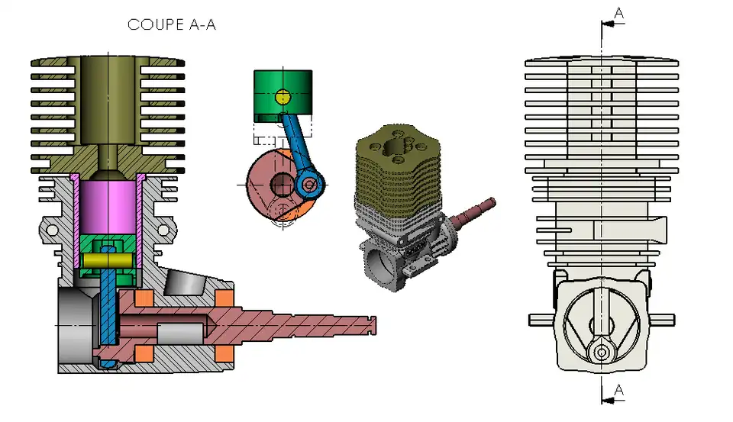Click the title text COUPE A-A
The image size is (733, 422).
pos(172,24)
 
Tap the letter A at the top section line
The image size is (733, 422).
pos(618,13)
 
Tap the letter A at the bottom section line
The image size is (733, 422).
pos(618,389)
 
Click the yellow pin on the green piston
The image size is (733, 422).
pos(283,97)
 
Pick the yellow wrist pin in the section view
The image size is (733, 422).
pos(108,259)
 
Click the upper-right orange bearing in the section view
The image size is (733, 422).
pos(224,298)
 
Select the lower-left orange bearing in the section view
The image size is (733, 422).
pos(144,354)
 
